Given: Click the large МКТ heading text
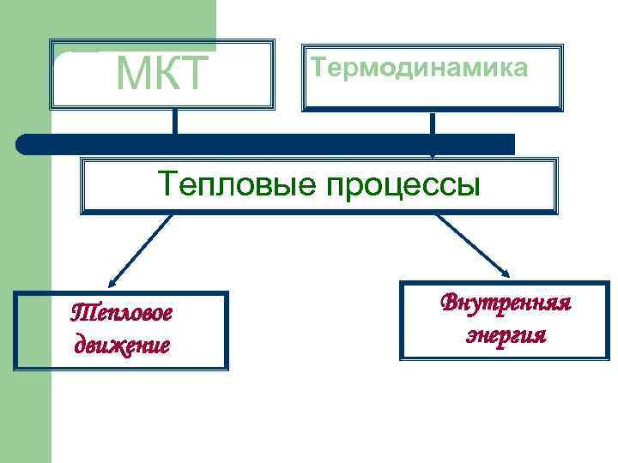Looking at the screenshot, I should click(x=162, y=75).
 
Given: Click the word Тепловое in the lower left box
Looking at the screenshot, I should click(x=121, y=312).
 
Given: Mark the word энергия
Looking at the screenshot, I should click(x=505, y=334).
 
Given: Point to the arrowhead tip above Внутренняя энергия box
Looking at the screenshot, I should click(x=507, y=275).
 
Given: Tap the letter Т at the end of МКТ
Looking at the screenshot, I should click(x=193, y=75).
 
